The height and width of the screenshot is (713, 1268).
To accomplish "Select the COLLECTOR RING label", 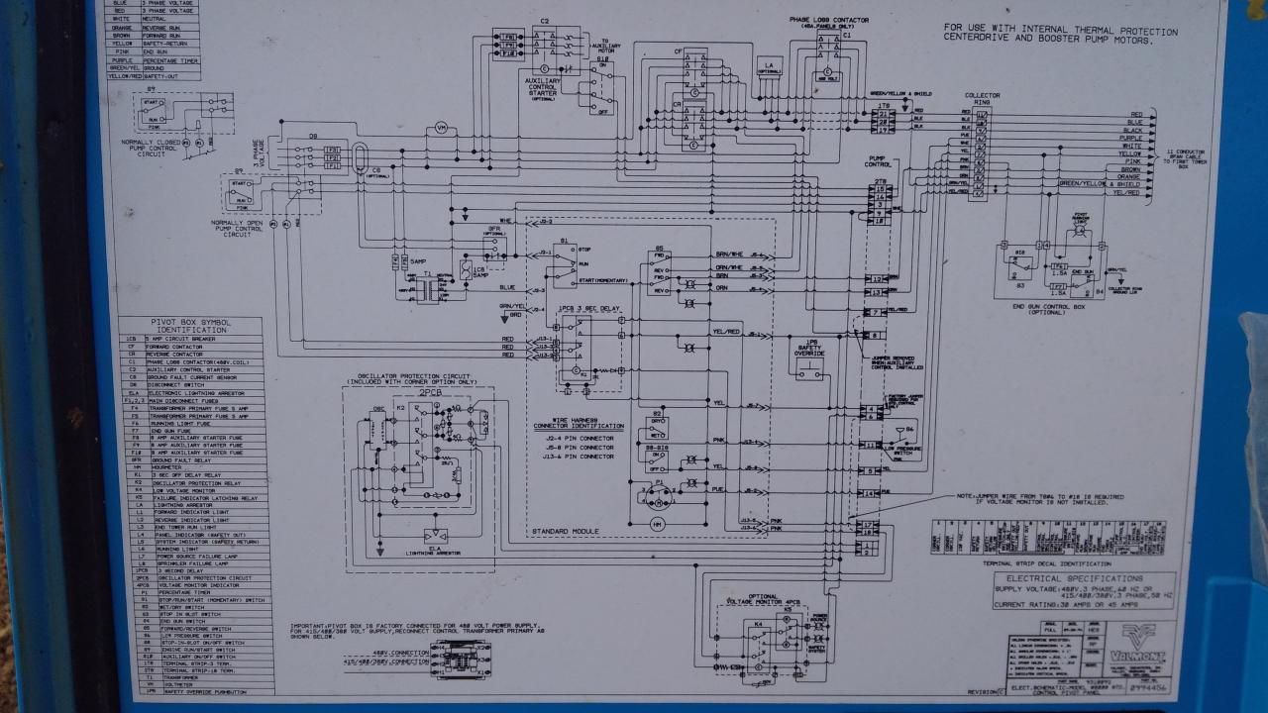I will click(982, 98).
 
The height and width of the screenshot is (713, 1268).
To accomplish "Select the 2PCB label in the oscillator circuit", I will click(429, 392).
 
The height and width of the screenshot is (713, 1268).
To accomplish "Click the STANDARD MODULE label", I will click(566, 531).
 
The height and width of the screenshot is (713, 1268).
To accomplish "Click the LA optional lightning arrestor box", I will click(769, 67).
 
